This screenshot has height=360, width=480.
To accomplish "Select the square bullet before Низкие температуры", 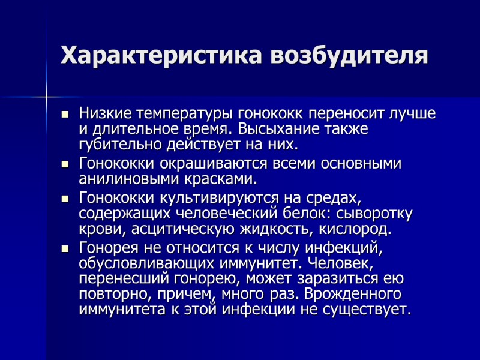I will [x=65, y=114].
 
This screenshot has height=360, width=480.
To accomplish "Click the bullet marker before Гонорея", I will [x=65, y=248].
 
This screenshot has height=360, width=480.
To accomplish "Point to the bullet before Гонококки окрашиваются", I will [x=65, y=164].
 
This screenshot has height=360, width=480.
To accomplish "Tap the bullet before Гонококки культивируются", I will [x=65, y=198].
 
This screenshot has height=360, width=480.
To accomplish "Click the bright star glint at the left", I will [x=46, y=95].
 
